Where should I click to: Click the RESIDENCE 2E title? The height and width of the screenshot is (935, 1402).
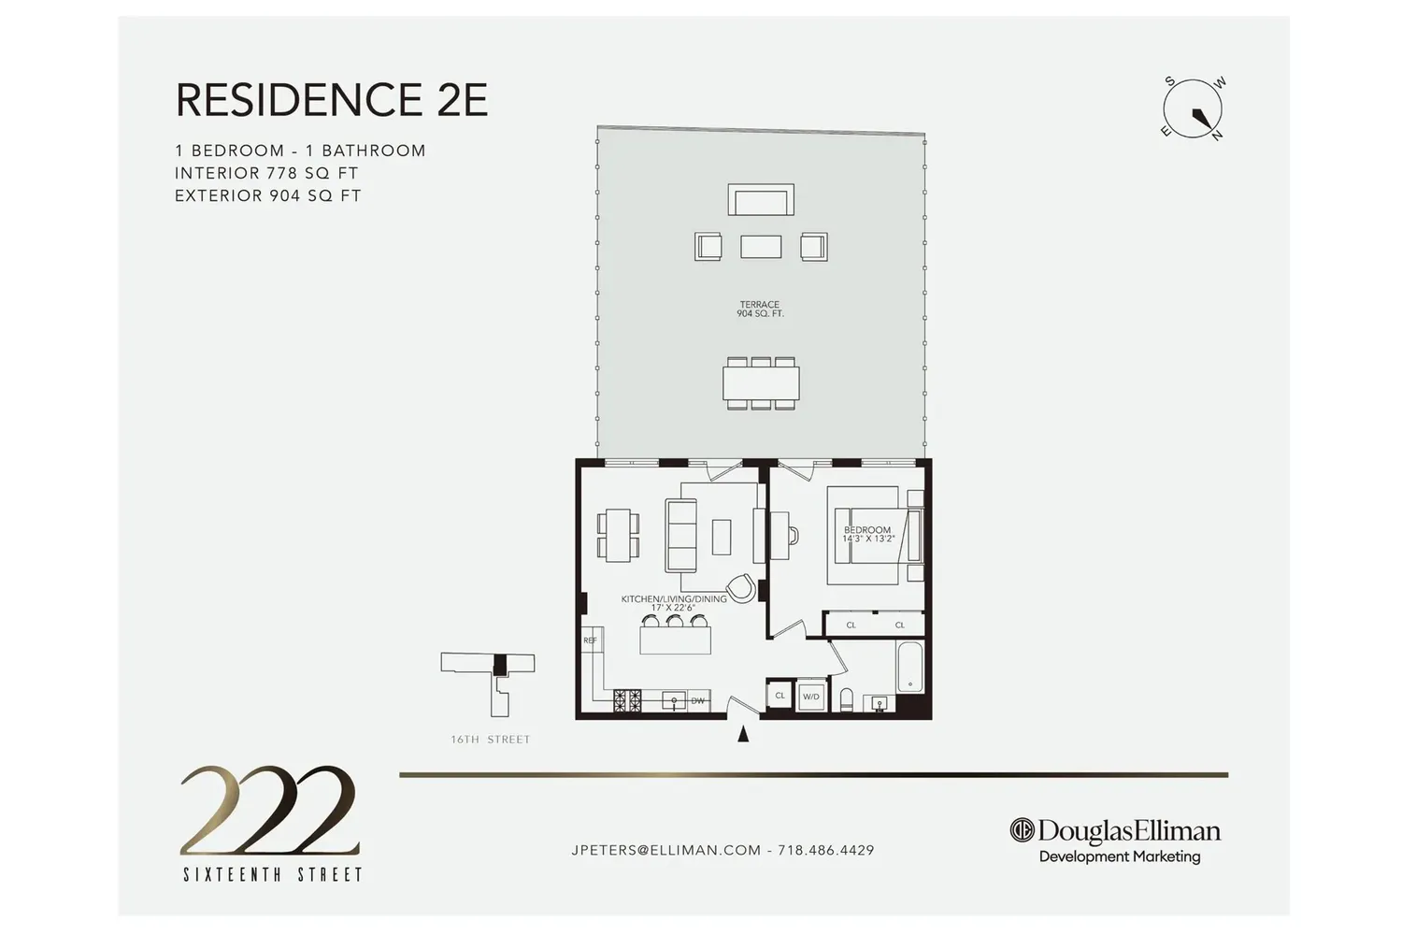(331, 99)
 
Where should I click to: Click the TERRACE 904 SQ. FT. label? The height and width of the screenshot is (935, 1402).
(760, 309)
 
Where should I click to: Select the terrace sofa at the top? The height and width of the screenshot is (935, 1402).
(761, 200)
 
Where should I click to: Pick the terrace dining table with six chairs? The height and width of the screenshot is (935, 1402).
(761, 383)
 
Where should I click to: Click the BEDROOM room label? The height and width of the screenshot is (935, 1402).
(867, 530)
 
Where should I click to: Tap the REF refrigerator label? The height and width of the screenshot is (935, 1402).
(590, 640)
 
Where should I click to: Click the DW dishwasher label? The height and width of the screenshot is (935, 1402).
(698, 700)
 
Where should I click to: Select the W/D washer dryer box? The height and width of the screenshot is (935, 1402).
(811, 696)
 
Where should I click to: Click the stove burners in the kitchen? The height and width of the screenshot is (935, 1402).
(628, 700)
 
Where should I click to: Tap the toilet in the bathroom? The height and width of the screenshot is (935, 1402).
(846, 699)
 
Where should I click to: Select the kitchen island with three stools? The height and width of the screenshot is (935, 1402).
(675, 635)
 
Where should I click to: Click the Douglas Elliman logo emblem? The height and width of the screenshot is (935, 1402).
(1022, 830)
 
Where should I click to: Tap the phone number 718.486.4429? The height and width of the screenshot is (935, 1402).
(825, 850)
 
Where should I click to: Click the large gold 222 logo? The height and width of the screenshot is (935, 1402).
(269, 811)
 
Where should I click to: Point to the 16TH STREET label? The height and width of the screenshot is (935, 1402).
(491, 740)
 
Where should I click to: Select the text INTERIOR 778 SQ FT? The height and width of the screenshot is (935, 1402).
(266, 173)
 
